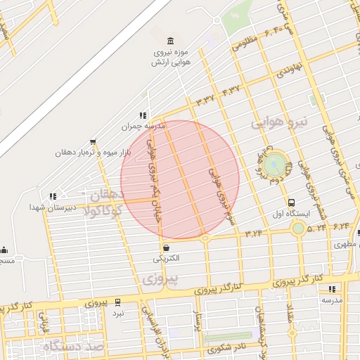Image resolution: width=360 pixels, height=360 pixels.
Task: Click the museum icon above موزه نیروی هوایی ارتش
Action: pos(168,41)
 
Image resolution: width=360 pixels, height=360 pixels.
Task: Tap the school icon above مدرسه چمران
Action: pos(143,115)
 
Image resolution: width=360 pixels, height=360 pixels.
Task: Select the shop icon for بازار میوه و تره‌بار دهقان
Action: pos(94,142)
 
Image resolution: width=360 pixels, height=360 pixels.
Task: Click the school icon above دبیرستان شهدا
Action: pos(53,196)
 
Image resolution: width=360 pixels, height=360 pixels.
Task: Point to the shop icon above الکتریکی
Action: pos(166,247)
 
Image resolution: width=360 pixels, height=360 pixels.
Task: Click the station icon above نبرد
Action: pos(117,302)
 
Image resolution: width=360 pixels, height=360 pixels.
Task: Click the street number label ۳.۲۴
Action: pos(253,231)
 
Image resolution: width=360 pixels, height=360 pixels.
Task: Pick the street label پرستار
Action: pos(198,323)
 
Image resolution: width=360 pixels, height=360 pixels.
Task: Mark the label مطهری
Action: pos(345,245)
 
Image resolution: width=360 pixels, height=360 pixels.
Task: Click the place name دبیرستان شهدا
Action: pos(46,207)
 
